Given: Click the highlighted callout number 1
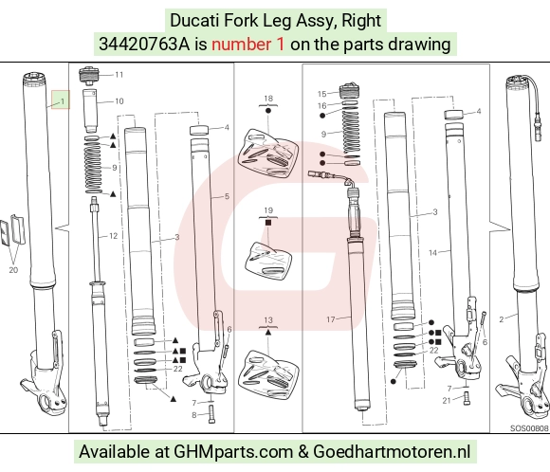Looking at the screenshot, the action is (x=63, y=101).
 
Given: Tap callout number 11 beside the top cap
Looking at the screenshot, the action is (x=119, y=75).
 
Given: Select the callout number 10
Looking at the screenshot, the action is (x=119, y=101).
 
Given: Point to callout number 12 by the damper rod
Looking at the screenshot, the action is (x=113, y=236).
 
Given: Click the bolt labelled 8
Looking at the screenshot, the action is (x=211, y=414).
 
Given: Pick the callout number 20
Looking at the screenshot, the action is (x=13, y=270).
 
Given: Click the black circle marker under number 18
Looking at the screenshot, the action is (x=268, y=111).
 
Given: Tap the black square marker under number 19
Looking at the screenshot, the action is (x=268, y=223).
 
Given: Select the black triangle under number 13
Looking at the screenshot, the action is (x=268, y=332).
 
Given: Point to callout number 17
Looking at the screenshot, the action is (x=331, y=319).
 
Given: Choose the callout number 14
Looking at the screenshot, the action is (x=433, y=252).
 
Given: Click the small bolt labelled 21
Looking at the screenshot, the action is (x=467, y=398).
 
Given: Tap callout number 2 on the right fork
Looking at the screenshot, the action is (x=502, y=319).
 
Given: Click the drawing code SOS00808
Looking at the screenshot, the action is (x=529, y=428).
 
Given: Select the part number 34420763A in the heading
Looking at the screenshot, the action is (x=144, y=45).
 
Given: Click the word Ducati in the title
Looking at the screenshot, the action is (x=194, y=20).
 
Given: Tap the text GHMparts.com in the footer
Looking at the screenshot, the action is (x=233, y=452).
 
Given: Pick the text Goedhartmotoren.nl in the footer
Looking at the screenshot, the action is (x=392, y=451).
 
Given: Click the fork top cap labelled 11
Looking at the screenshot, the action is (x=88, y=76).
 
